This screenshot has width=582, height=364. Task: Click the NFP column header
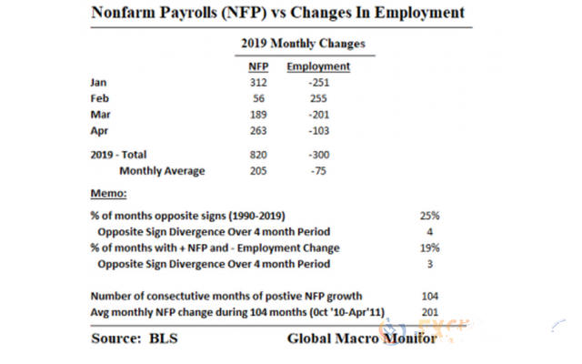pyautogui.click(x=258, y=66)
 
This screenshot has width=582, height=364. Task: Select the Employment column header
pyautogui.click(x=318, y=66)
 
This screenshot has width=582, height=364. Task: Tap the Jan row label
pyautogui.click(x=98, y=83)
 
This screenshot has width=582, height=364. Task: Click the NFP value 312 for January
pyautogui.click(x=258, y=83)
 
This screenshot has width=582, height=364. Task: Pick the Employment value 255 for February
pyautogui.click(x=318, y=98)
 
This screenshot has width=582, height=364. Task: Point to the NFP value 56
pyautogui.click(x=258, y=98)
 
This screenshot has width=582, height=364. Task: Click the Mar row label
pyautogui.click(x=100, y=115)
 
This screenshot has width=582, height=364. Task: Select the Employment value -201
pyautogui.click(x=319, y=115)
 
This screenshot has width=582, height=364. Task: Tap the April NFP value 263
pyautogui.click(x=258, y=131)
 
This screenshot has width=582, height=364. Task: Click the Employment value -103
pyautogui.click(x=319, y=131)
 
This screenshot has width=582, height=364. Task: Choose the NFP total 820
pyautogui.click(x=258, y=155)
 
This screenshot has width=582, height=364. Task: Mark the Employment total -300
pyautogui.click(x=319, y=155)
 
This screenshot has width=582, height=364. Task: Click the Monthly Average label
pyautogui.click(x=162, y=171)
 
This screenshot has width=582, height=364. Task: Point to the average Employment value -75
pyautogui.click(x=319, y=171)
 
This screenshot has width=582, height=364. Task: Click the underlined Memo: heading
pyautogui.click(x=108, y=193)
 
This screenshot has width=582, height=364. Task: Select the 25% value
pyautogui.click(x=430, y=216)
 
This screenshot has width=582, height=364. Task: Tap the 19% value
pyautogui.click(x=430, y=248)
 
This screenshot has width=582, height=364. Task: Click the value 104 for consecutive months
pyautogui.click(x=430, y=296)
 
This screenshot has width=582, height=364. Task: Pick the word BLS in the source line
pyautogui.click(x=164, y=339)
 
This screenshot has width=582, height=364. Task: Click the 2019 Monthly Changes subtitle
pyautogui.click(x=303, y=44)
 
